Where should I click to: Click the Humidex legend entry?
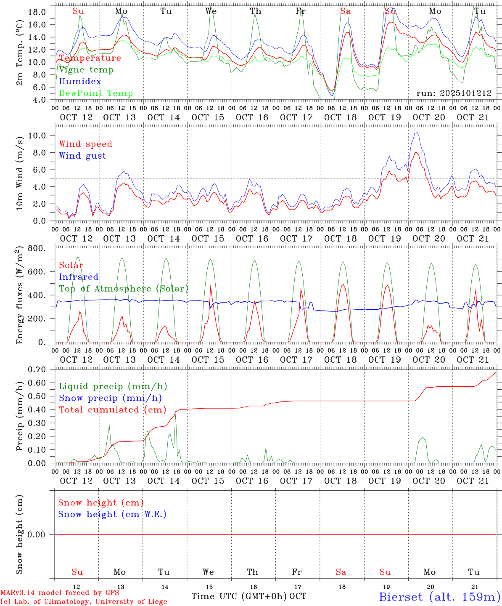(x=80, y=82)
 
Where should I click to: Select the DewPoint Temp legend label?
(x=96, y=93)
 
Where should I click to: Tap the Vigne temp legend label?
(x=86, y=70)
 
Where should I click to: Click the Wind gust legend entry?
(x=82, y=156)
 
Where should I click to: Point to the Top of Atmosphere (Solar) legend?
(x=123, y=289)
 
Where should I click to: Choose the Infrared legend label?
(x=79, y=277)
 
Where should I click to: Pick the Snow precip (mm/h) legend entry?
(x=110, y=398)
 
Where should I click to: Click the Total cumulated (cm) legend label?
(x=112, y=410)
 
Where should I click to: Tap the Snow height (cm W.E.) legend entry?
(x=112, y=514)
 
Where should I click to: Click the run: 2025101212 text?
(x=454, y=93)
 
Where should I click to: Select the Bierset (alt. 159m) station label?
(x=439, y=596)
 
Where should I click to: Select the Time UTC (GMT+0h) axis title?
(x=239, y=596)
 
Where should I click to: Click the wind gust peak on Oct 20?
(x=416, y=132)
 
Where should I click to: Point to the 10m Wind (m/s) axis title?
(x=19, y=173)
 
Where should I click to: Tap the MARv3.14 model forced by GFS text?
(x=60, y=593)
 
